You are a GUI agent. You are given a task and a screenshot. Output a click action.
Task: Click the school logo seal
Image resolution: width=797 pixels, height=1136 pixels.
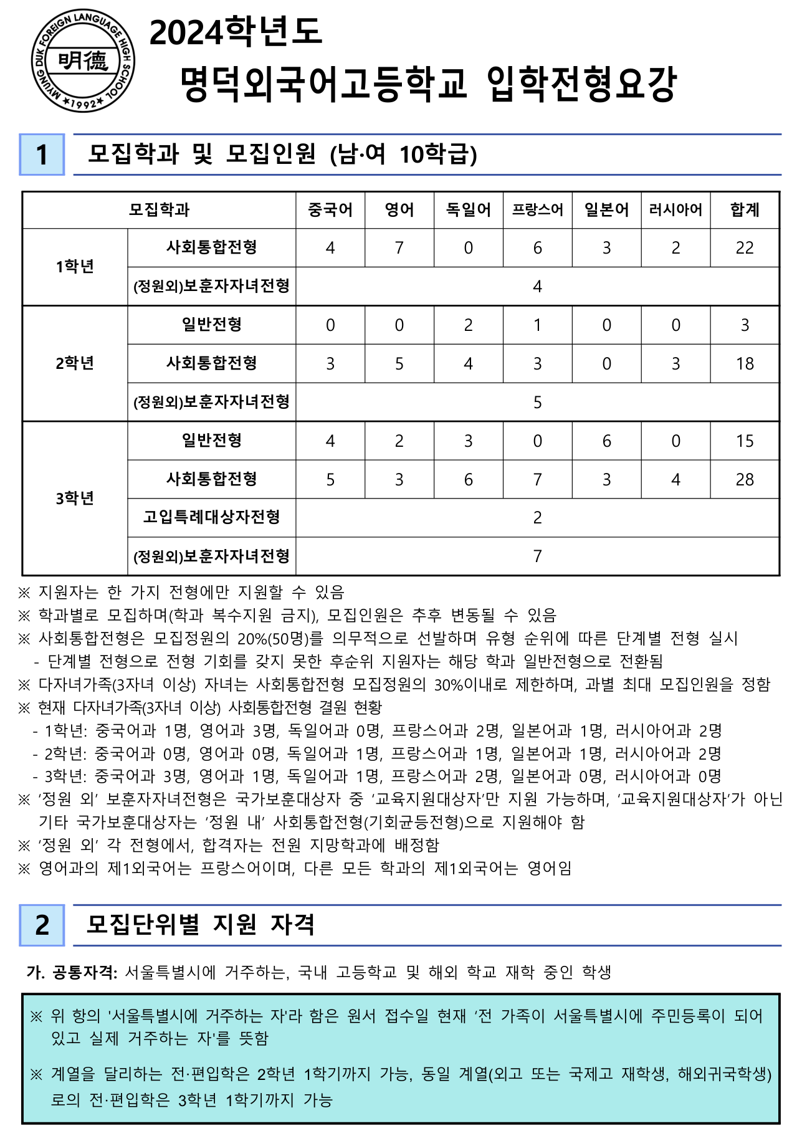tap(83, 61)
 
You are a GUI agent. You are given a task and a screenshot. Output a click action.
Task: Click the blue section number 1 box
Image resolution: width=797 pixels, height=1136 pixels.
tap(42, 155)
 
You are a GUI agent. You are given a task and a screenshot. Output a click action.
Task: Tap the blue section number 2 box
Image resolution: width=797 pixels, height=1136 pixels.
tap(42, 925)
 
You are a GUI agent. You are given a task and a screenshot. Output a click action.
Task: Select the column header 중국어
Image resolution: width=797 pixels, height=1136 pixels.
tap(330, 210)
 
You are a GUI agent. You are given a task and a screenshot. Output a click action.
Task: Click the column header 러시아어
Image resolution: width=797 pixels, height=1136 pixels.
tap(675, 210)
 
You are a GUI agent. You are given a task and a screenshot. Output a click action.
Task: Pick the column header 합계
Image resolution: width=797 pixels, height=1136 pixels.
tap(745, 210)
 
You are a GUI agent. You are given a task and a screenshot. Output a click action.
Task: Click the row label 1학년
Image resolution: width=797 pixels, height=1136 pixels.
tap(75, 267)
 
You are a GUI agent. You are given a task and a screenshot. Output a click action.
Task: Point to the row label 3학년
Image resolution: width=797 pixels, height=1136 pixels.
tap(75, 498)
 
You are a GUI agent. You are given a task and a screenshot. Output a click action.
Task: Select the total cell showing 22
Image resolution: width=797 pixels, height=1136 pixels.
tap(745, 248)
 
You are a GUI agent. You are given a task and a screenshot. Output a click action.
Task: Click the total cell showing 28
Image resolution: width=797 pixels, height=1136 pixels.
tap(745, 479)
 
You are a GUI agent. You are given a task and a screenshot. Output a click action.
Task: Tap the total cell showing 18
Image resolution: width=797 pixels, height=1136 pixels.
tap(745, 363)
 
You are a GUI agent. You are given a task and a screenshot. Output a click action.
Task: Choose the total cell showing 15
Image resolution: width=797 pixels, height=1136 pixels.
tap(745, 441)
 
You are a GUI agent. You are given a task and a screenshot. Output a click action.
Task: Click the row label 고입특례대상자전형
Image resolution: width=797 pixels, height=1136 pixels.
tap(212, 517)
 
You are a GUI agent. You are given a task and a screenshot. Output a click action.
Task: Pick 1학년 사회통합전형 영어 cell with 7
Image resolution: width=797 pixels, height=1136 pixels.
tap(399, 248)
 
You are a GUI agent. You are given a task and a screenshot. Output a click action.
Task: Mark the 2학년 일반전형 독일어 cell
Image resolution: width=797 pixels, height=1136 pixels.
tap(469, 325)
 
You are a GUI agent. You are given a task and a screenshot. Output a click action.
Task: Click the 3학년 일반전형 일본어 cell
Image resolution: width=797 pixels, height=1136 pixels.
tap(606, 441)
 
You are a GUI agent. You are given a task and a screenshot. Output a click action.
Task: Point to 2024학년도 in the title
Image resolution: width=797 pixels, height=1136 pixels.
tap(236, 32)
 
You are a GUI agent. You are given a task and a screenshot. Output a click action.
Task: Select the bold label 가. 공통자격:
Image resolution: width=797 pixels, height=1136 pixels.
tap(72, 972)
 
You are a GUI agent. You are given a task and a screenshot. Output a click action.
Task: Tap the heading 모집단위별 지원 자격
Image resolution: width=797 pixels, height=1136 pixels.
tap(201, 925)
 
